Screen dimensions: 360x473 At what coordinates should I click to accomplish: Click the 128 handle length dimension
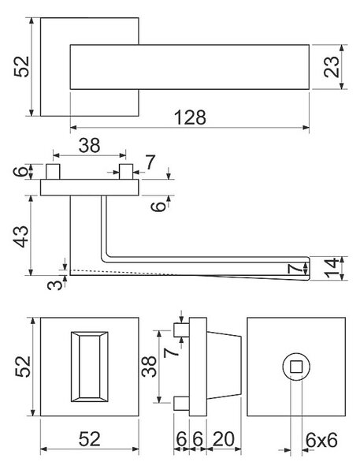coord(191,117)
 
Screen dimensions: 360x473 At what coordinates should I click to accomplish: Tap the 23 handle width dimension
coord(332,67)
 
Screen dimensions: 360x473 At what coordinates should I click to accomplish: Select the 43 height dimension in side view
coord(22,236)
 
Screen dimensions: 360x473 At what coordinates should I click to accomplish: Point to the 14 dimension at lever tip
coord(332,268)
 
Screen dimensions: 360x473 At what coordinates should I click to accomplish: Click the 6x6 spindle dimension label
coord(321,441)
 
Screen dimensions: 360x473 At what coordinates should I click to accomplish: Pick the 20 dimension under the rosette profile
coord(224,439)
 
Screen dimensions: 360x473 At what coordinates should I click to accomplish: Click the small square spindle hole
coord(296,367)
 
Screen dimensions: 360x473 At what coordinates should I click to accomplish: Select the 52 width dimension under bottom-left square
coord(89,439)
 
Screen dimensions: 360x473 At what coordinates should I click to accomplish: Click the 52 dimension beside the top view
coord(22,67)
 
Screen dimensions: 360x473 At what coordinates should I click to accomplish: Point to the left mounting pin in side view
coord(53,172)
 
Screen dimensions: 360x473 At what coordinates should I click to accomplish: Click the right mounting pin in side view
coord(126,172)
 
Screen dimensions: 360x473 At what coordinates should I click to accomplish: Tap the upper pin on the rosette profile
coord(181,330)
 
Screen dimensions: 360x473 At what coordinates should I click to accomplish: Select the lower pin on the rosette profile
coord(181,404)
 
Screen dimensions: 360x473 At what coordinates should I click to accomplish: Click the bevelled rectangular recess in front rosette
coord(90,367)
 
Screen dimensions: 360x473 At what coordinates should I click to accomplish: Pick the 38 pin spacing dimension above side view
coord(89,145)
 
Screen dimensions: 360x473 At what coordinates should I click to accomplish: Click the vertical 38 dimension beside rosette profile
coord(149,367)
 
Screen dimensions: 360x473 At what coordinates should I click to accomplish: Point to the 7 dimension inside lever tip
coord(295,268)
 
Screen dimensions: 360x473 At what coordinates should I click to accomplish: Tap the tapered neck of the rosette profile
coord(224,366)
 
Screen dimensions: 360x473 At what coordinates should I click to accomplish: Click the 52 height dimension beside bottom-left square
coord(23,367)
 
